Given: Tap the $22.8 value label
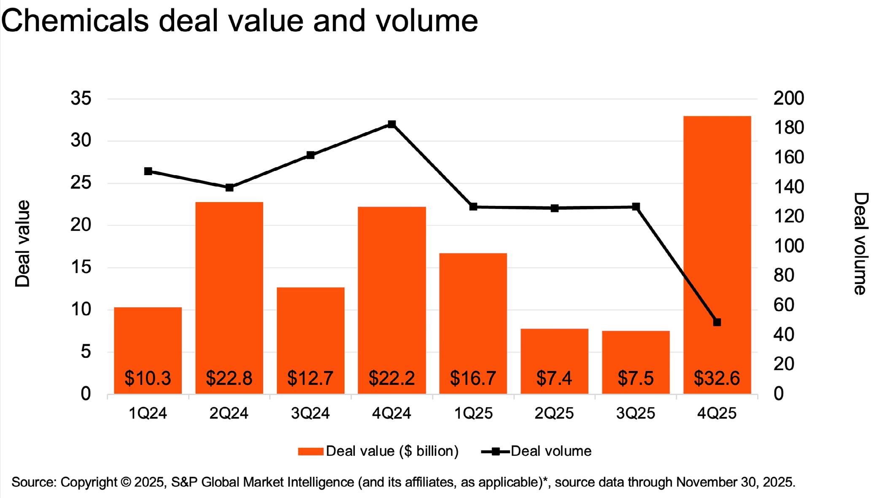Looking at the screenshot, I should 229,378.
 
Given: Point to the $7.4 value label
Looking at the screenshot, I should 554,378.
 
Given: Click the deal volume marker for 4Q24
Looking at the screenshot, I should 392,124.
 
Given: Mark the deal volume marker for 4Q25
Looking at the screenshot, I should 717,322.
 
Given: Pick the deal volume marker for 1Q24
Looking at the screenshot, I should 148,171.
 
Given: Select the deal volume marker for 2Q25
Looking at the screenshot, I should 555,208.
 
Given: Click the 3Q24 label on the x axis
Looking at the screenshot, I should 310,413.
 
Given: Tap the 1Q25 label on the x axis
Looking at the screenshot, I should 473,413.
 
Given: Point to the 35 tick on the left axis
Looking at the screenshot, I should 81,99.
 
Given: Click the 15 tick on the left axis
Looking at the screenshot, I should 81,267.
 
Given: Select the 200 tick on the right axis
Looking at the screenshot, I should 788,99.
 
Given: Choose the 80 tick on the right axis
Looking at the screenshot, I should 784,276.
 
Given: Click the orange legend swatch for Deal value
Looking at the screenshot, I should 310,452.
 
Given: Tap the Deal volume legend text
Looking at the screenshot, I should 551,451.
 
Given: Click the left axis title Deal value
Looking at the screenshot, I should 23,244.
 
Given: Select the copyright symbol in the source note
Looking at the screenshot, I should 125,482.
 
